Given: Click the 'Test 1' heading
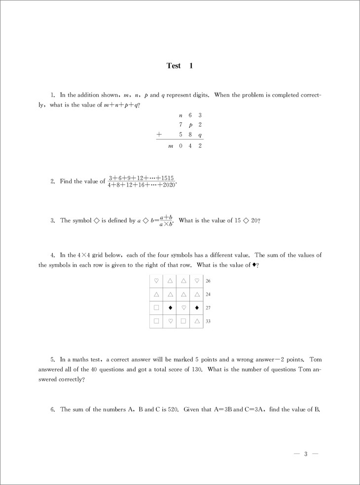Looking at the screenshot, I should pyautogui.click(x=180, y=66).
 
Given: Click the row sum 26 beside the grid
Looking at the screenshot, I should pyautogui.click(x=208, y=281).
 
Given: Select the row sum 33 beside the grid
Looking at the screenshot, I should pyautogui.click(x=208, y=321).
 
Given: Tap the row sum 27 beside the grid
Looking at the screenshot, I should pyautogui.click(x=208, y=308).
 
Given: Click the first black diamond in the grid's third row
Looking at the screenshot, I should pyautogui.click(x=170, y=308).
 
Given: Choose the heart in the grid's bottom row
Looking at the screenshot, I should pyautogui.click(x=170, y=321).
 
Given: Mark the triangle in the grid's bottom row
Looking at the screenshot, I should pyautogui.click(x=196, y=321).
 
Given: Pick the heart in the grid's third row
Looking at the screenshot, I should pyautogui.click(x=183, y=308).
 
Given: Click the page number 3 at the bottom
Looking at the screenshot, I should pyautogui.click(x=306, y=454).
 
